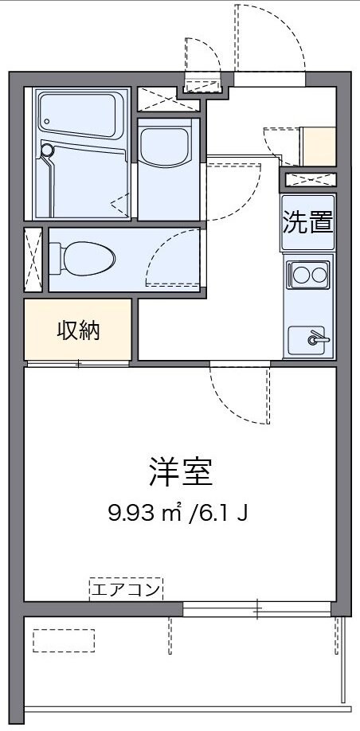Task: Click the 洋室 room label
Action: (180, 473)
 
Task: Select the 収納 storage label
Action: (77, 330)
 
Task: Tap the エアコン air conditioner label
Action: (126, 590)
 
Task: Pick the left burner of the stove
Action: (300, 276)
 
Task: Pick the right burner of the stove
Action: (319, 276)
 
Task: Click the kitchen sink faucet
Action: (317, 339)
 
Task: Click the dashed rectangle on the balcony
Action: (64, 640)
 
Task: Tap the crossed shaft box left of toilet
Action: (33, 259)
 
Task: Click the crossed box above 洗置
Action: (311, 179)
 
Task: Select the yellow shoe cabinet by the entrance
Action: (318, 146)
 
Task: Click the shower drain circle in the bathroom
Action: (47, 150)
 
